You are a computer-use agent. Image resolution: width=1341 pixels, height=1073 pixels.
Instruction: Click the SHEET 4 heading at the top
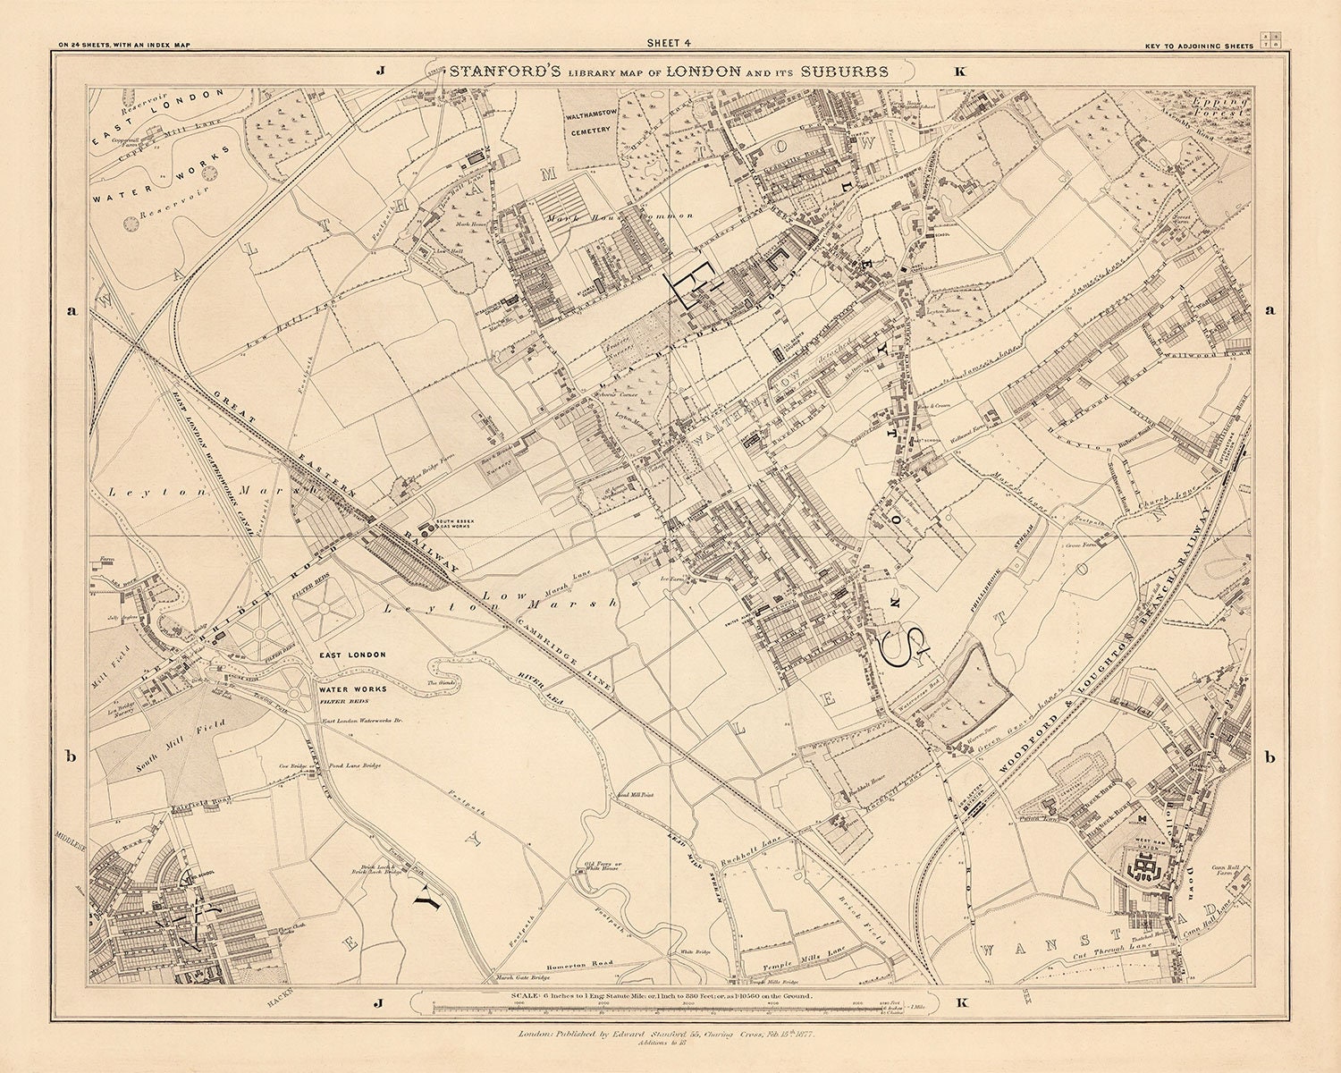(x=670, y=42)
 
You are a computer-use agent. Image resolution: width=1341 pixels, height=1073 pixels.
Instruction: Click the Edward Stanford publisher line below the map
(x=670, y=1034)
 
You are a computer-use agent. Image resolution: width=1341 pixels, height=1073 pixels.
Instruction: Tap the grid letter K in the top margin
(x=960, y=74)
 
